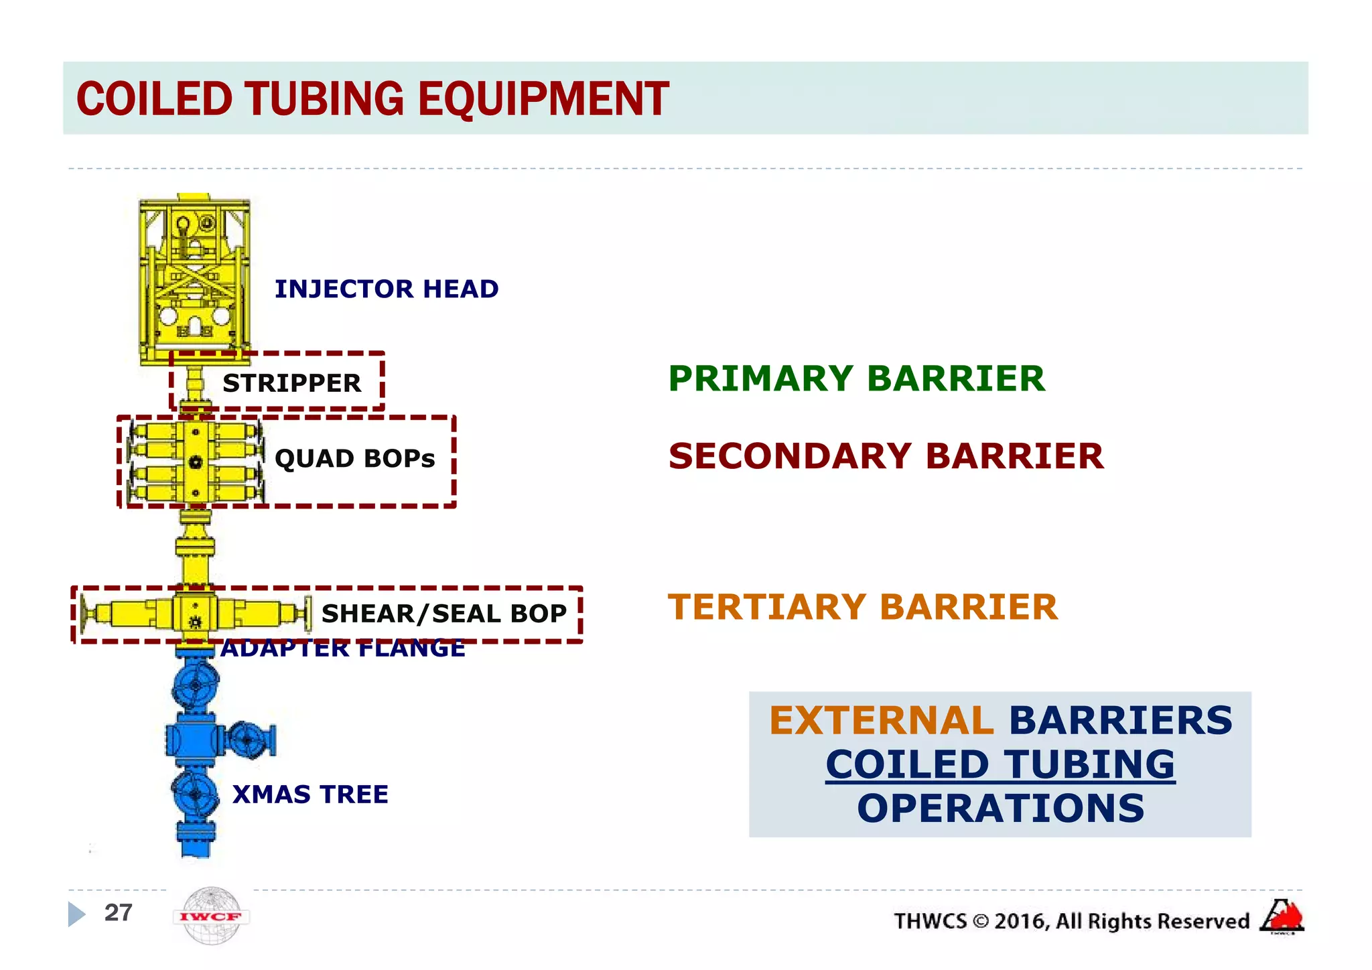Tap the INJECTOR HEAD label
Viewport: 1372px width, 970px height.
coord(387,289)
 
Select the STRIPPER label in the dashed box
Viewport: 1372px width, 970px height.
coord(291,383)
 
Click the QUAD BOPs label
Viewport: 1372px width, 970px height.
coord(354,459)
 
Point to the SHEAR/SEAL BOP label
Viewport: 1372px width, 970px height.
coord(444,614)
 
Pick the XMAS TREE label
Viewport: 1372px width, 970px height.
coord(310,794)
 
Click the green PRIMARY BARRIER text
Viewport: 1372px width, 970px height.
coord(856,378)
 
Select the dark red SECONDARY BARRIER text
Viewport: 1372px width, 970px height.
coord(886,456)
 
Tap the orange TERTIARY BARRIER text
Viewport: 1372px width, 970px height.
coord(863,607)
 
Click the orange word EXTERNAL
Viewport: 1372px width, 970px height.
coord(881,721)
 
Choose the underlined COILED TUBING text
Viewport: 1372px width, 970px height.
coord(1000,764)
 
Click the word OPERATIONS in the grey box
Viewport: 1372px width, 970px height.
coord(1000,809)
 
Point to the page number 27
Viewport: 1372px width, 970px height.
coord(118,912)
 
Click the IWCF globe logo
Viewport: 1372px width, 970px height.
coord(211,916)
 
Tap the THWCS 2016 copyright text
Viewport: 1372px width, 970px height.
coord(1071,921)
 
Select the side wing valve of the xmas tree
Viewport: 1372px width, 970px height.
coord(249,740)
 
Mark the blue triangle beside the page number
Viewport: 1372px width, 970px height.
coord(76,914)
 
